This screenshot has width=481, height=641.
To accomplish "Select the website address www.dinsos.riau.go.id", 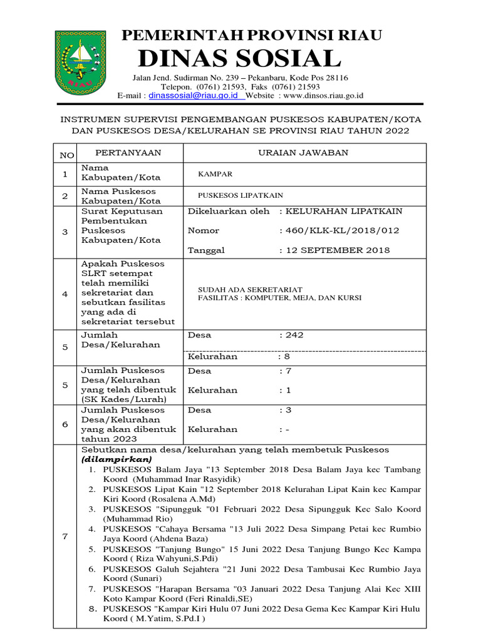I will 323,96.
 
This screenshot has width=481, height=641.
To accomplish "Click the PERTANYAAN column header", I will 128,153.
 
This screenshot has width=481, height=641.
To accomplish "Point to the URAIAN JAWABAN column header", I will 304,153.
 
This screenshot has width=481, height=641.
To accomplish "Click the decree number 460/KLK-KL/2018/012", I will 339,230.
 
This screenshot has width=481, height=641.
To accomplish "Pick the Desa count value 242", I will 294,335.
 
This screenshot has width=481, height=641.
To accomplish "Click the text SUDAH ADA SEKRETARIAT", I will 250,290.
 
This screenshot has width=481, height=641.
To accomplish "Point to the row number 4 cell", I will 65,294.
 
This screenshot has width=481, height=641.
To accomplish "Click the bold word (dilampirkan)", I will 116,459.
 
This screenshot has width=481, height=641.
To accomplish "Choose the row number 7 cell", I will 65,536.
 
